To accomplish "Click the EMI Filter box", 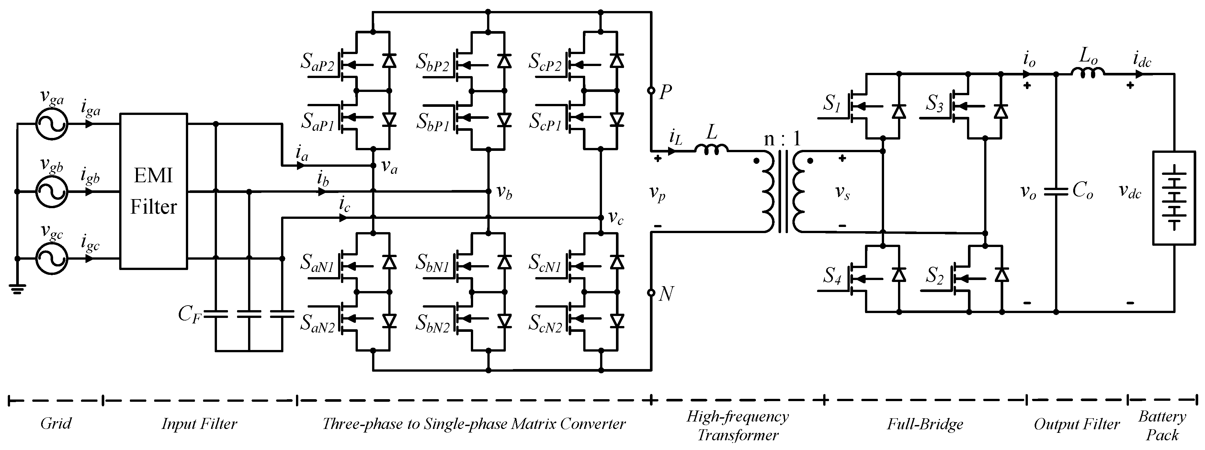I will coord(153,191).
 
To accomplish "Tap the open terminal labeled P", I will coord(651,90).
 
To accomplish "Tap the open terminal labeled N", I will coord(651,293).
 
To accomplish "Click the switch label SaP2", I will coord(318,64).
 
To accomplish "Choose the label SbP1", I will coord(433,122).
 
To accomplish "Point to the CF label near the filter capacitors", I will coord(190,314).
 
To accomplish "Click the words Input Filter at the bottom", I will coord(199,424).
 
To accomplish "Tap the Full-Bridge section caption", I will coord(925,424).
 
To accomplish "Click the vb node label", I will coord(504,192).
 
